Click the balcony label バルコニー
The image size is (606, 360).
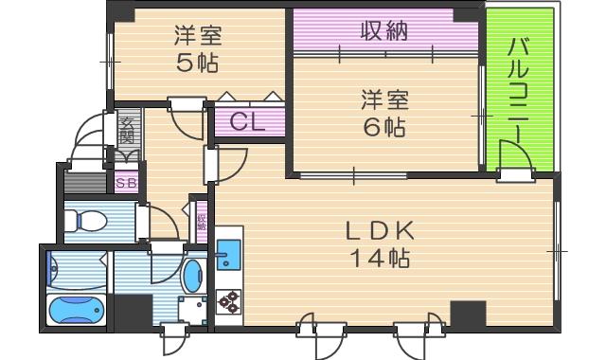coord(517,85)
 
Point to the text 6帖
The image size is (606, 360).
coord(383,127)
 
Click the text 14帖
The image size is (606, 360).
coord(383,258)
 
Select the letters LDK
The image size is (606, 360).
coord(383,229)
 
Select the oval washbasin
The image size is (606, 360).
coord(192,276)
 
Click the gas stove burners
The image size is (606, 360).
coord(228,302)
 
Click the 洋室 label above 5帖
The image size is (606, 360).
coord(197,37)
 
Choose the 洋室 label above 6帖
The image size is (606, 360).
coord(383,98)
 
